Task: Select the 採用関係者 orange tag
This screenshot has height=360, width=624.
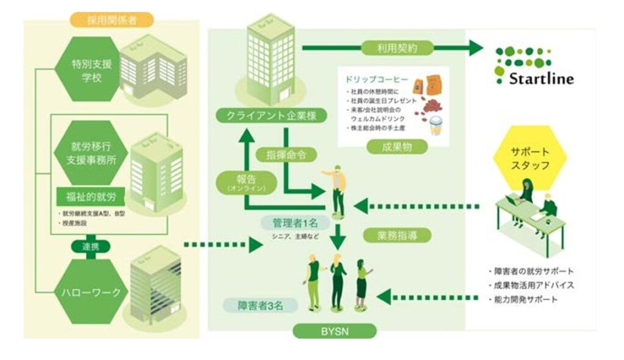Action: pyautogui.click(x=111, y=19)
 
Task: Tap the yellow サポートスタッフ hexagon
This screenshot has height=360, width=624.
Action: pyautogui.click(x=529, y=156)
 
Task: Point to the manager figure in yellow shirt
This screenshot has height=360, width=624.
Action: pyautogui.click(x=338, y=189)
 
